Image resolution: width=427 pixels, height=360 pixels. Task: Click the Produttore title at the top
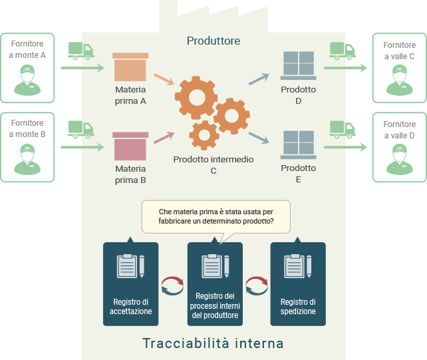click(213, 41)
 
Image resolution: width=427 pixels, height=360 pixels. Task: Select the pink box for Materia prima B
click(130, 146)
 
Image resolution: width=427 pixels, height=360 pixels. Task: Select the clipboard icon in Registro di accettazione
click(130, 266)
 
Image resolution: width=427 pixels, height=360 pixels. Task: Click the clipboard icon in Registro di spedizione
click(297, 266)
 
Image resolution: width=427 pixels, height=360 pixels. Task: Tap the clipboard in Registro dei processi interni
click(214, 266)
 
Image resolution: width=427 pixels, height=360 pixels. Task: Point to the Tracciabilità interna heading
click(213, 343)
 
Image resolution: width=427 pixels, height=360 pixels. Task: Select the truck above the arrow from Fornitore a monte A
click(80, 51)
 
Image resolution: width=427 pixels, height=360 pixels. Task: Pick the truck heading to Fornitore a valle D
click(343, 128)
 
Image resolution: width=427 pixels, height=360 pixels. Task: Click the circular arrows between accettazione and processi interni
click(172, 285)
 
